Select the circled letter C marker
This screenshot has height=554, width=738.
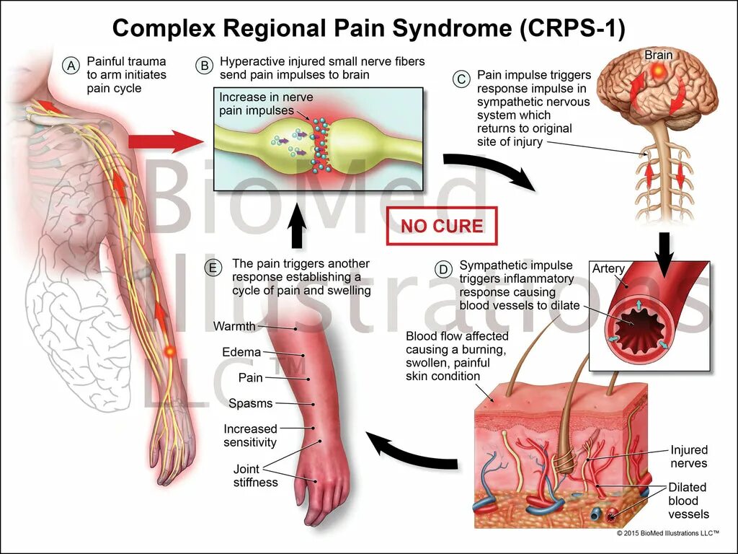(461, 79)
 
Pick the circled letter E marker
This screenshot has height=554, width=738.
(213, 268)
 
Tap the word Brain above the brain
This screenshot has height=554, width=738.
(658, 55)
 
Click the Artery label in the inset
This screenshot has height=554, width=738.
(608, 269)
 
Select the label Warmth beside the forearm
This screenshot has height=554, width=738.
(234, 326)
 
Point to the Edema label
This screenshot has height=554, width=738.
(241, 352)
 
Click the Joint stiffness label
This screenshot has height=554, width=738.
(255, 475)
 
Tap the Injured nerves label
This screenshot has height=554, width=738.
(688, 456)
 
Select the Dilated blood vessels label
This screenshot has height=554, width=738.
(688, 501)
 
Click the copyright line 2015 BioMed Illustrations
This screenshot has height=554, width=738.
(667, 533)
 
